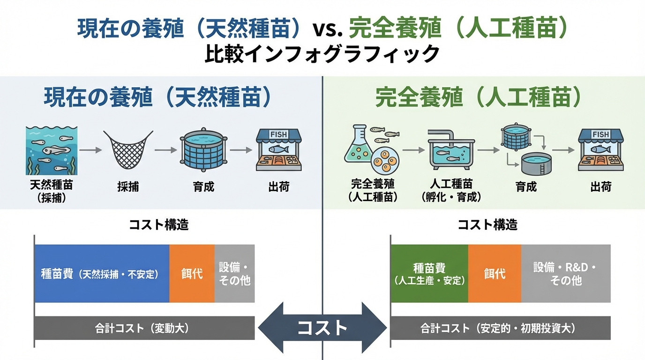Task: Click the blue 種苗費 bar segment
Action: click(x=101, y=273)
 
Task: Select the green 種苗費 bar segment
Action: click(x=429, y=273)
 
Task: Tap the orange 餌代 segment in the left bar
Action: click(x=192, y=273)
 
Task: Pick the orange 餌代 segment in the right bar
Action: click(x=495, y=273)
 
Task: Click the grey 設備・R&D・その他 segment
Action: click(x=566, y=273)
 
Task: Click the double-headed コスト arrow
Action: click(x=322, y=328)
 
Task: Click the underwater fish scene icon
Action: click(x=52, y=150)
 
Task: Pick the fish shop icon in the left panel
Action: click(x=278, y=150)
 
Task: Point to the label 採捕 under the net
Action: click(x=128, y=187)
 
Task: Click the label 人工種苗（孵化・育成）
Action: click(x=451, y=190)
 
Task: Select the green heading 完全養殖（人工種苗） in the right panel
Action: click(x=479, y=98)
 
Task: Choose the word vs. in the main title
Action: click(x=328, y=29)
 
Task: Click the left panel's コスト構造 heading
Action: click(x=159, y=225)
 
